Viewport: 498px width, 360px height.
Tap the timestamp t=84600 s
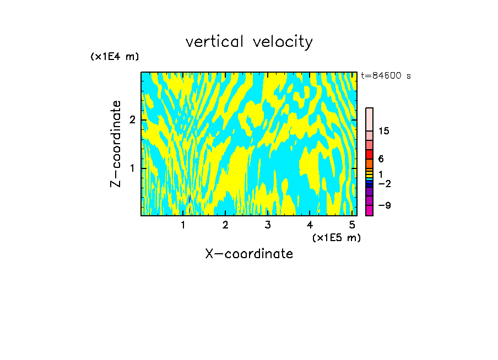[x=386, y=76]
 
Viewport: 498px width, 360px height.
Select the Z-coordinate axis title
[x=116, y=144]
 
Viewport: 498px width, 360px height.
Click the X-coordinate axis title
[x=249, y=254]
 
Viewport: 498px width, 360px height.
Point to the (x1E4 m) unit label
[x=115, y=56]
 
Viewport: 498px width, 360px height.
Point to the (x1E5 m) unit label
[x=336, y=237]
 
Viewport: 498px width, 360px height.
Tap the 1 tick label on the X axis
[x=183, y=225]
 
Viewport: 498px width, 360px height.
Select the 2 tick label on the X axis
[x=225, y=225]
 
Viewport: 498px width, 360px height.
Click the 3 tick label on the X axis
[x=267, y=225]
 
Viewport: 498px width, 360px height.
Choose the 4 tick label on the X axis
[x=310, y=225]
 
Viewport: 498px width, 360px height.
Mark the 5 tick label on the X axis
[x=351, y=225]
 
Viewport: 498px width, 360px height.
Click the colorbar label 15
[x=384, y=131]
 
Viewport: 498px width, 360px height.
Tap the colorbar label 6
[x=381, y=159]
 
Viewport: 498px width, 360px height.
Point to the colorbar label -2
[x=384, y=183]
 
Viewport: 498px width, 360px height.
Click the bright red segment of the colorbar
[x=369, y=154]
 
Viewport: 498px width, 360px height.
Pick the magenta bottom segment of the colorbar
[x=369, y=210]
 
